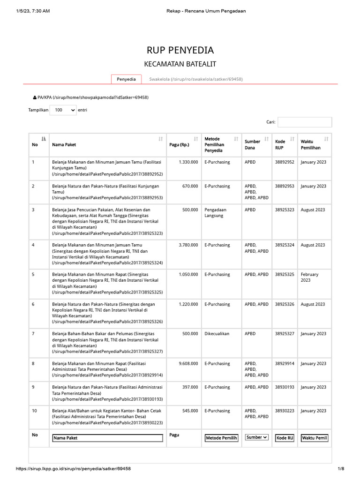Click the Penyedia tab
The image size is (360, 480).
126,79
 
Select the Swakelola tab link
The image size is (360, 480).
195,79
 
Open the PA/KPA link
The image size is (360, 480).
90,97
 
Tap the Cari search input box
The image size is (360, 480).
305,122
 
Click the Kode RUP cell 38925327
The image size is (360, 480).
285,334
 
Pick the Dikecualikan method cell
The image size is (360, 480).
217,334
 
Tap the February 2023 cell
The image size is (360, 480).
310,277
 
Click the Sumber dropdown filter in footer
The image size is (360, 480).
256,437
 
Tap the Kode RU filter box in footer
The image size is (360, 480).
285,438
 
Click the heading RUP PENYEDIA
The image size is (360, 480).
180,50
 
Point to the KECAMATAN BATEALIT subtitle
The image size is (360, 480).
180,64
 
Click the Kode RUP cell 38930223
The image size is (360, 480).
285,411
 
